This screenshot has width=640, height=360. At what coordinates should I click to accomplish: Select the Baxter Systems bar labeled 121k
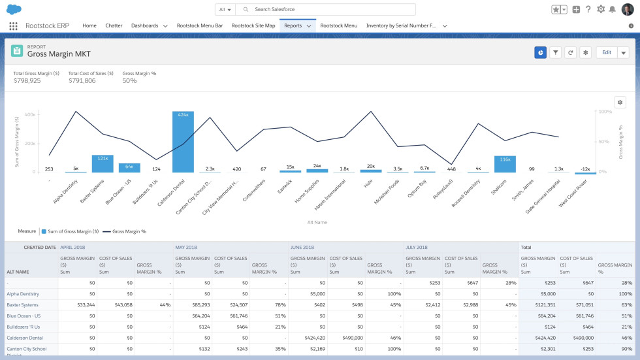pyautogui.click(x=103, y=163)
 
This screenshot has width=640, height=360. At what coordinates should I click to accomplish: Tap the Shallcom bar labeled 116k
pyautogui.click(x=505, y=164)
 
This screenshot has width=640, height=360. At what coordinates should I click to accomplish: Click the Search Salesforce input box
pyautogui.click(x=327, y=10)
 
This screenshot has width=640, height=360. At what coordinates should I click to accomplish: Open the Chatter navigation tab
pyautogui.click(x=114, y=25)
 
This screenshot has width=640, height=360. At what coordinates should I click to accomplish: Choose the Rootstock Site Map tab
pyautogui.click(x=253, y=25)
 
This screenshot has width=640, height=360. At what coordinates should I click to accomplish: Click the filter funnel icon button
pyautogui.click(x=555, y=52)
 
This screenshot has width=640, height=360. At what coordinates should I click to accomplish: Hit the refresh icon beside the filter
pyautogui.click(x=571, y=52)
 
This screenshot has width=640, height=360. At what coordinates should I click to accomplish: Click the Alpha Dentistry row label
pyautogui.click(x=23, y=294)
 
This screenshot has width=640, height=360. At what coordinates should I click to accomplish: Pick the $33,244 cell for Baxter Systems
pyautogui.click(x=82, y=305)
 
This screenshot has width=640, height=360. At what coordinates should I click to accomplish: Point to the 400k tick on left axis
pyautogui.click(x=30, y=114)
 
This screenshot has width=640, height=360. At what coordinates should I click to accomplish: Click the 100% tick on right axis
pyautogui.click(x=605, y=112)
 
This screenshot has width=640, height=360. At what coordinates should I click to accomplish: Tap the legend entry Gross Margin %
pyautogui.click(x=129, y=231)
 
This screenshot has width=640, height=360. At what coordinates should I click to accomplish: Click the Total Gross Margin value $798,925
pyautogui.click(x=27, y=81)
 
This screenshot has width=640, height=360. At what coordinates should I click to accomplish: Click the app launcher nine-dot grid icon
pyautogui.click(x=13, y=26)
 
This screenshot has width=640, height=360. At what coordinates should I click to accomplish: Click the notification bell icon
pyautogui.click(x=612, y=9)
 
